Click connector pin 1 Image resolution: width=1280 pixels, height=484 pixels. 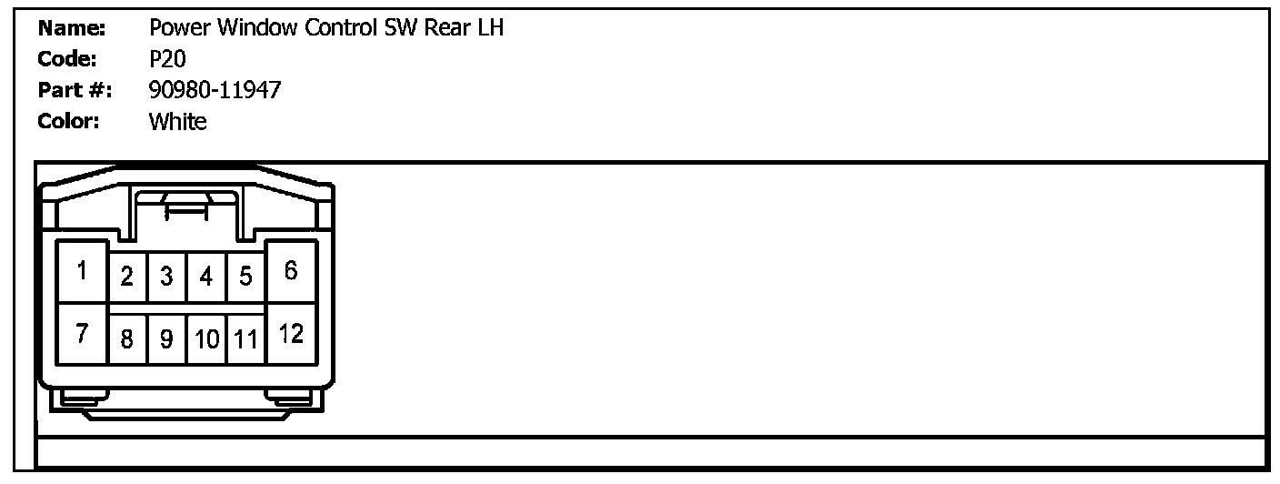point(82,271)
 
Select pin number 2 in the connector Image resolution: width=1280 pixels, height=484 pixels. point(128,277)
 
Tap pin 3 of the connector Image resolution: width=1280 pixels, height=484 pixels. point(166,277)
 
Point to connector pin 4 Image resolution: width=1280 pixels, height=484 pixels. point(206,277)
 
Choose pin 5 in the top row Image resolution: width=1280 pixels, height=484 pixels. point(245,277)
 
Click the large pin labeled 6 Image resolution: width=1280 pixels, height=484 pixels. point(291,271)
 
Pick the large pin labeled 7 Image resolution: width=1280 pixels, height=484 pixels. point(82,334)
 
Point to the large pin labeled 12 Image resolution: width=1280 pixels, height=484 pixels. point(291,334)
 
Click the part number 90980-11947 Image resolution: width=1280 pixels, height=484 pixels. point(215,90)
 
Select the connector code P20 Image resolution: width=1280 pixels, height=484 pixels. point(167,59)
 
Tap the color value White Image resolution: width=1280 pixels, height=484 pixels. point(177,121)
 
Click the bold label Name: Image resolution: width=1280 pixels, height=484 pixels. point(72,28)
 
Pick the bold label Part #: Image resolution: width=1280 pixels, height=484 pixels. point(75,90)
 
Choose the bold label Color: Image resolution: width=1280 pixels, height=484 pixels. point(68,121)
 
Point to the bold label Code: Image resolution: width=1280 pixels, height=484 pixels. point(67,59)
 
